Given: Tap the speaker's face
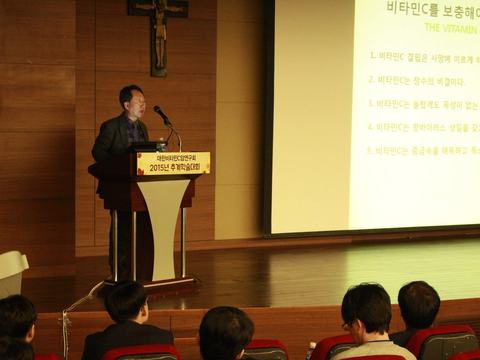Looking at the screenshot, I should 133,100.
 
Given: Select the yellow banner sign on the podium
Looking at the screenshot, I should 173,164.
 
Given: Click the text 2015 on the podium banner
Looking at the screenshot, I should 154,169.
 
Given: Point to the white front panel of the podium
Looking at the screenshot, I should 163,225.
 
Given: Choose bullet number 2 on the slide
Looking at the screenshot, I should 370,80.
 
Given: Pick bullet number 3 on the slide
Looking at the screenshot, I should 370,103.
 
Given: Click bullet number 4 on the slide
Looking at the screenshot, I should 370,127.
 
